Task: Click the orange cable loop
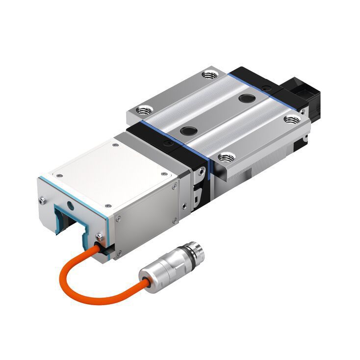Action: (x=78, y=287)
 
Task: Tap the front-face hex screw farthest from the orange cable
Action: (x=42, y=200)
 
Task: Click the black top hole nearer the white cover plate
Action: (x=188, y=130)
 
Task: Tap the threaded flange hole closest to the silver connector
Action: (x=226, y=158)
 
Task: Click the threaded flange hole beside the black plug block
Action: (x=293, y=119)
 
